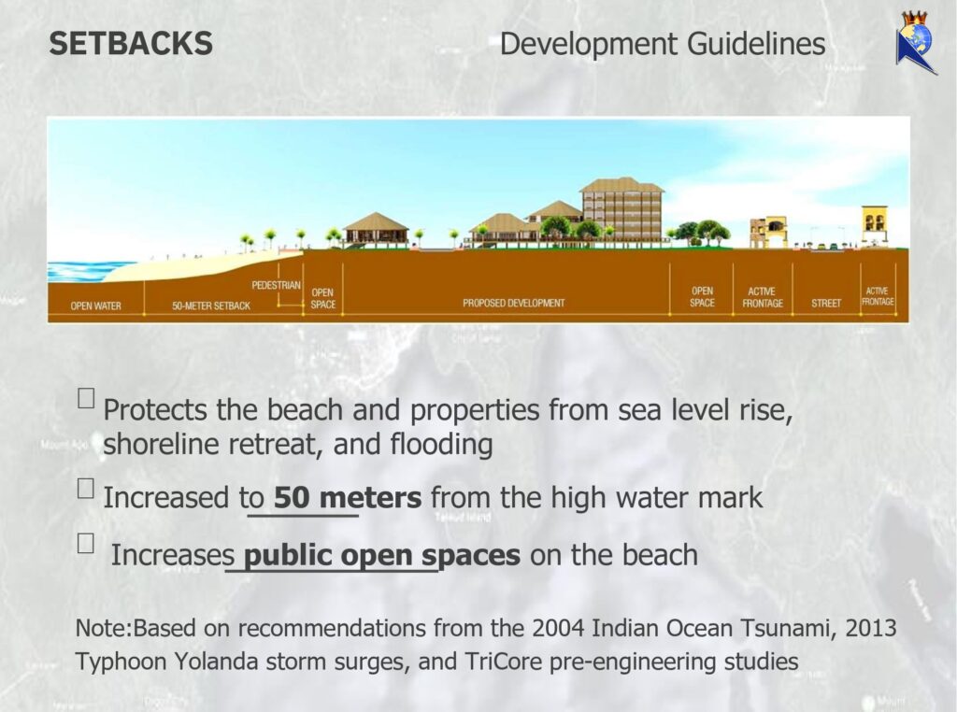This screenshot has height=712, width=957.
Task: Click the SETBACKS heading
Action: coord(131,44)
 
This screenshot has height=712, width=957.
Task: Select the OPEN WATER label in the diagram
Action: coord(96,306)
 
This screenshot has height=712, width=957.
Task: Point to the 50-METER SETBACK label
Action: coord(211,306)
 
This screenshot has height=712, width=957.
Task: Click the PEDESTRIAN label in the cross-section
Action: coord(276,285)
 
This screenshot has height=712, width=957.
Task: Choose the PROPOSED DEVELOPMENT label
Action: coord(513,303)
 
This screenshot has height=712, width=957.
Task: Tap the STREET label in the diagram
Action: coord(826,304)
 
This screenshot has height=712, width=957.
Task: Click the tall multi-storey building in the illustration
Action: coord(621,210)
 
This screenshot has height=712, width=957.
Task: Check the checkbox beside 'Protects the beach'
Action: coord(86,398)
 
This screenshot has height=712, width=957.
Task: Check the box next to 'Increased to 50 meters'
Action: coord(86,488)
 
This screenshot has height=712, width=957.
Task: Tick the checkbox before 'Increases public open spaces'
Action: coord(86,543)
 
